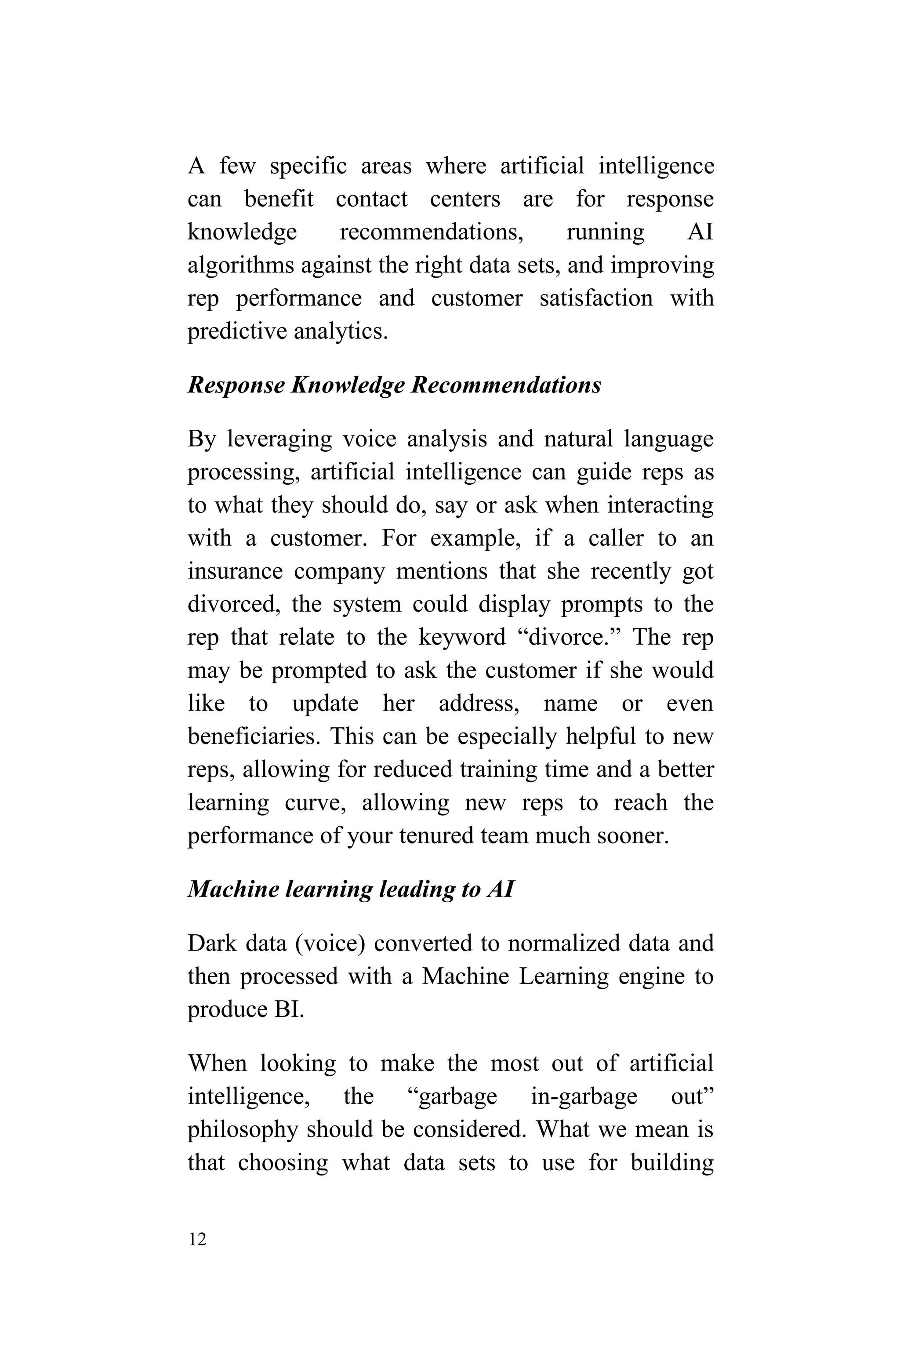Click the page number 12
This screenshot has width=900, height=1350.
(197, 1239)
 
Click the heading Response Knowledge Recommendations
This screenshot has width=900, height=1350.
(394, 385)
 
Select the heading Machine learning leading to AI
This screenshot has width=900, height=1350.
(350, 889)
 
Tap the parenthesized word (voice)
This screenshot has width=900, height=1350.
(330, 944)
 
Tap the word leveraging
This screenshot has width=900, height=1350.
(279, 439)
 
